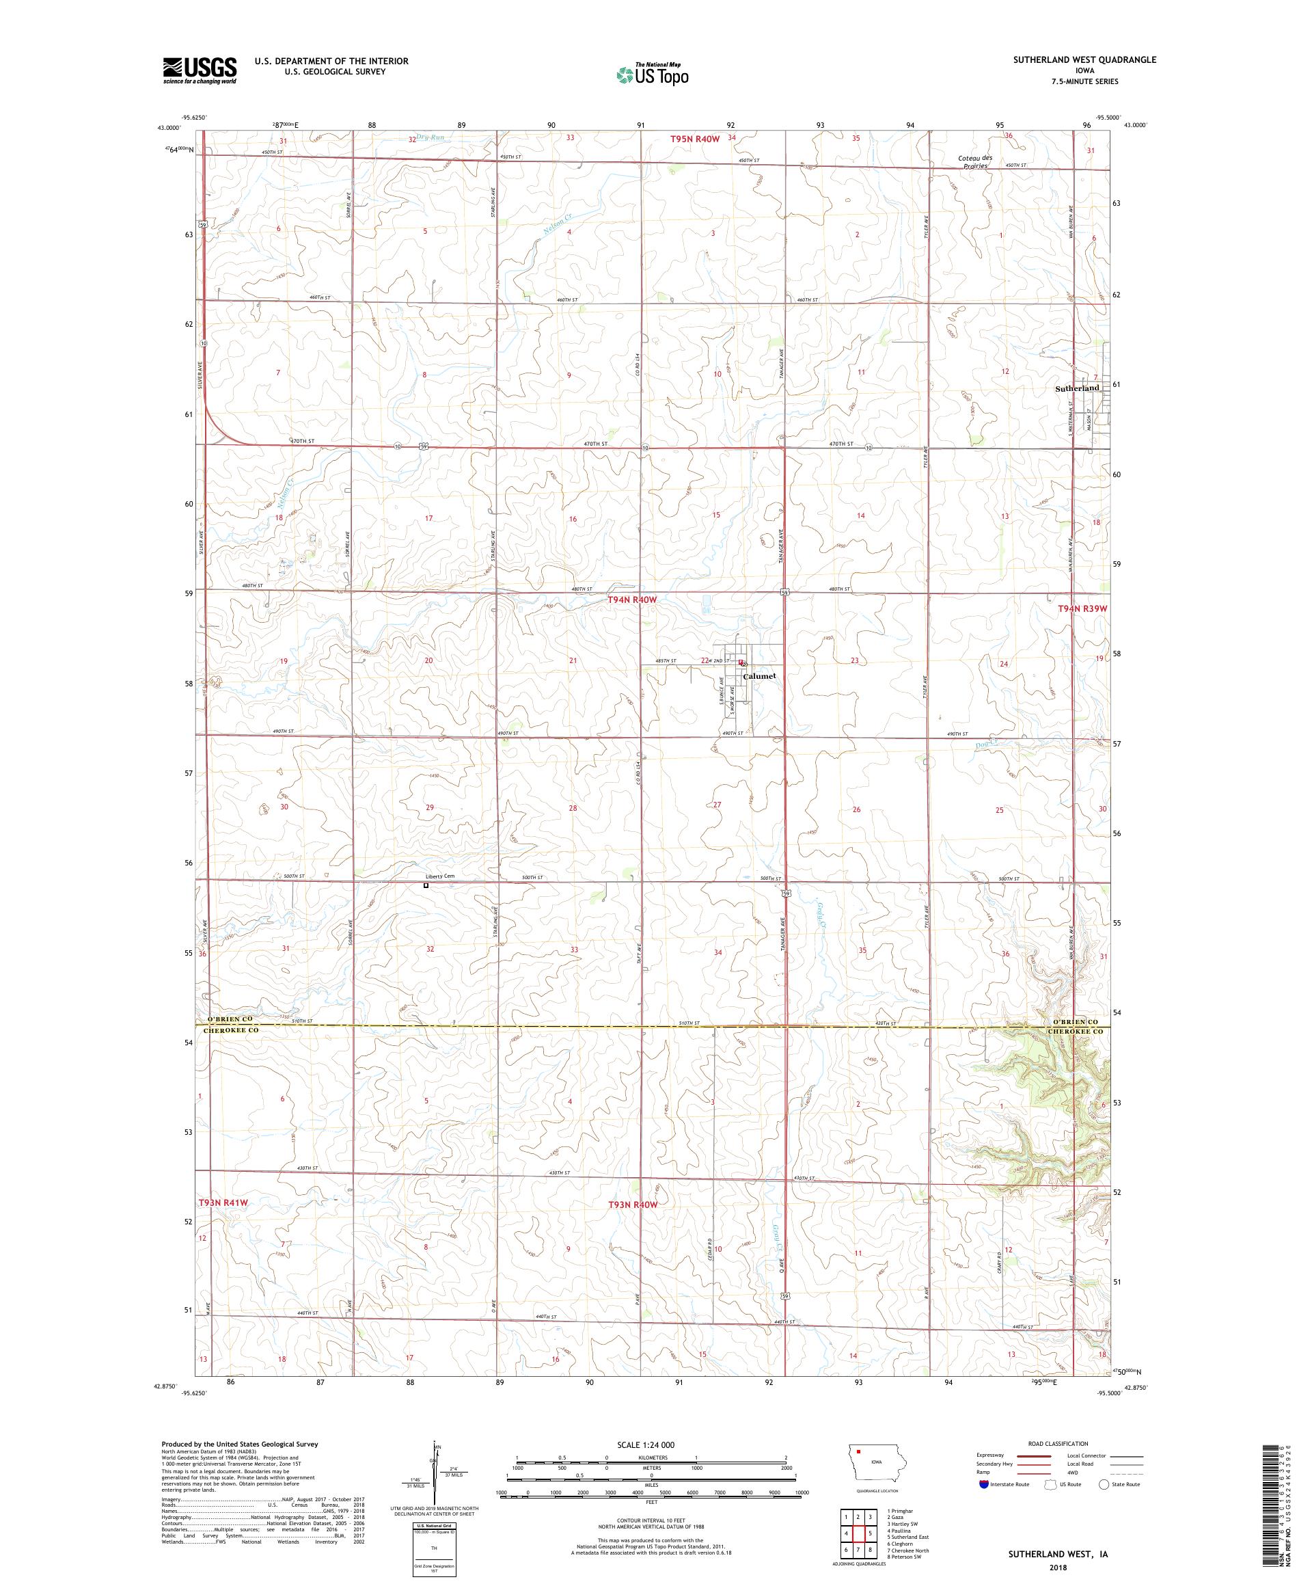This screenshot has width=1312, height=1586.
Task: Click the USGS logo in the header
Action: (200, 70)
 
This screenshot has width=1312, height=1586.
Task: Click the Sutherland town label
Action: (1076, 388)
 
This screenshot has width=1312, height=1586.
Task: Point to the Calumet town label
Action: (758, 676)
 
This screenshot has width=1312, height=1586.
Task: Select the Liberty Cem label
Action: (439, 876)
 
